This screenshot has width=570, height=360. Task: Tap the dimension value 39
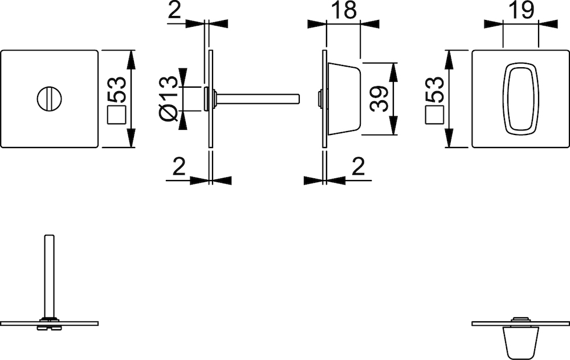(379, 99)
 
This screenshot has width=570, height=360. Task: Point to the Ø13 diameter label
(169, 99)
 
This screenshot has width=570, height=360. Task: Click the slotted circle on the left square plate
(50, 99)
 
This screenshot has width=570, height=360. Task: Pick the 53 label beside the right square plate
(435, 89)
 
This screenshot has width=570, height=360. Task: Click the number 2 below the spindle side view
(179, 167)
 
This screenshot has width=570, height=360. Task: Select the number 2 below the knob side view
(359, 167)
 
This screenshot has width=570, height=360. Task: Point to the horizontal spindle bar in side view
(258, 99)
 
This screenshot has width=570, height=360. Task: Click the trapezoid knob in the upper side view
(344, 99)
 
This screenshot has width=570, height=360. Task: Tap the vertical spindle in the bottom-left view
(50, 276)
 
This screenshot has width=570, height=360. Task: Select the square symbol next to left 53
(116, 115)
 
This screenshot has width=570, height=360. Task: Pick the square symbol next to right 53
(434, 115)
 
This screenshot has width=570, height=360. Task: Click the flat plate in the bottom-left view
(50, 324)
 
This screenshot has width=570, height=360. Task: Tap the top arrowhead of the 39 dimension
(393, 71)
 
